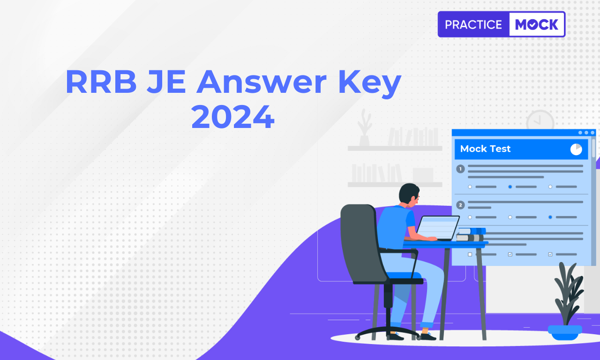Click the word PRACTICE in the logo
click(x=473, y=25)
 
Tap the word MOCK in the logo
click(x=537, y=25)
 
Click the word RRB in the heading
click(x=101, y=82)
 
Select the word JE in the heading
click(x=166, y=82)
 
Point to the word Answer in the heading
click(x=262, y=82)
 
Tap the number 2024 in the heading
click(x=233, y=117)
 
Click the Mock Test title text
click(x=485, y=149)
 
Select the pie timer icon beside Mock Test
click(x=576, y=149)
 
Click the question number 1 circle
click(x=460, y=169)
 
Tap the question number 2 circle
click(x=460, y=205)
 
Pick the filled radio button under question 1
click(x=510, y=187)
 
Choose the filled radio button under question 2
click(x=550, y=217)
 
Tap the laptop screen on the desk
click(x=438, y=228)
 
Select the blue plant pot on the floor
click(x=565, y=332)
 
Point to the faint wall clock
click(x=540, y=120)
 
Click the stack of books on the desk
click(x=471, y=234)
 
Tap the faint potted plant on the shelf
click(x=365, y=127)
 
